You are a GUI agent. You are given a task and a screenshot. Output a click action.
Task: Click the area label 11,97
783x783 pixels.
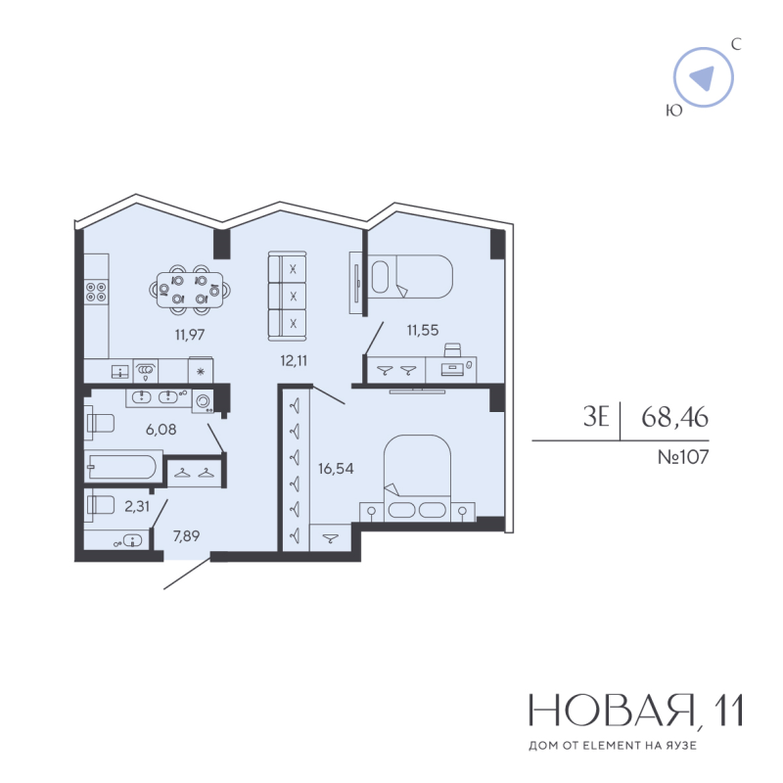click(x=189, y=334)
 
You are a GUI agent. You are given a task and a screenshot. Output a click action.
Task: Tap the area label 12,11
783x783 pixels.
click(x=294, y=359)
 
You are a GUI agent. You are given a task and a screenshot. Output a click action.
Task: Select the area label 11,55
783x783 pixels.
click(x=422, y=331)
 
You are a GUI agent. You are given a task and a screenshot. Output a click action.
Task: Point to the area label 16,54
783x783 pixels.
click(x=336, y=468)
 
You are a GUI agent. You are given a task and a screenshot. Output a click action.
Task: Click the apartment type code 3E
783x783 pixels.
click(x=597, y=418)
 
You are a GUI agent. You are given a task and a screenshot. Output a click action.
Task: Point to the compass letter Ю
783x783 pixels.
click(x=673, y=112)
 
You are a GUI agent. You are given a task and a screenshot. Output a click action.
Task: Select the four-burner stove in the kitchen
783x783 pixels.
click(x=96, y=291)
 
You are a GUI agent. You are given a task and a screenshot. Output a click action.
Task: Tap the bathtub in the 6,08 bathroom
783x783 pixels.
click(x=123, y=464)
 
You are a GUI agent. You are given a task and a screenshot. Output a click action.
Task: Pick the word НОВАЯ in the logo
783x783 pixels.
click(x=609, y=712)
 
